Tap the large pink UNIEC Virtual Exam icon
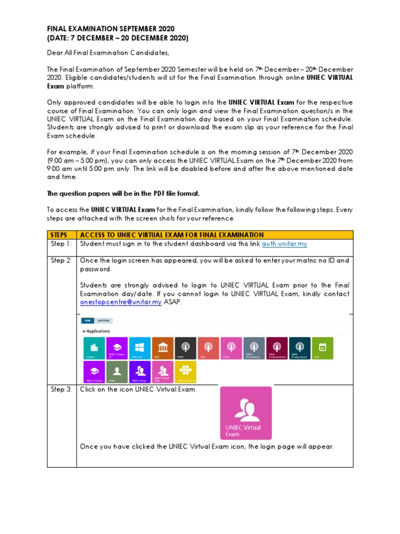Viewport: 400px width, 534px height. point(246,413)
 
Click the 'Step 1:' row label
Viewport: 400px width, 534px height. point(61,244)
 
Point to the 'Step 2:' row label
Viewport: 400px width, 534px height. point(61,260)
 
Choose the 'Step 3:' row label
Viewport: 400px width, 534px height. point(61,390)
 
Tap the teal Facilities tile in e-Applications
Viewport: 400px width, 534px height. point(94,348)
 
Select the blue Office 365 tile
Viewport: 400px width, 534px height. point(140,348)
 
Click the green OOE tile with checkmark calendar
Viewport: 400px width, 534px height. point(322,348)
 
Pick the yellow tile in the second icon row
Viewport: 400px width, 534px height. point(185,372)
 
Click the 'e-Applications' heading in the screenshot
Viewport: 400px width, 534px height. point(97,331)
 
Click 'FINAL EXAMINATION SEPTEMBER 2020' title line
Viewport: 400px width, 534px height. point(110,29)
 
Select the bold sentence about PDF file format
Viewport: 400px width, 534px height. point(123,193)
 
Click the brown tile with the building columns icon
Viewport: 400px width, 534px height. point(162,348)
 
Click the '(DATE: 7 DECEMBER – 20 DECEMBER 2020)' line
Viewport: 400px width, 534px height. point(118,38)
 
